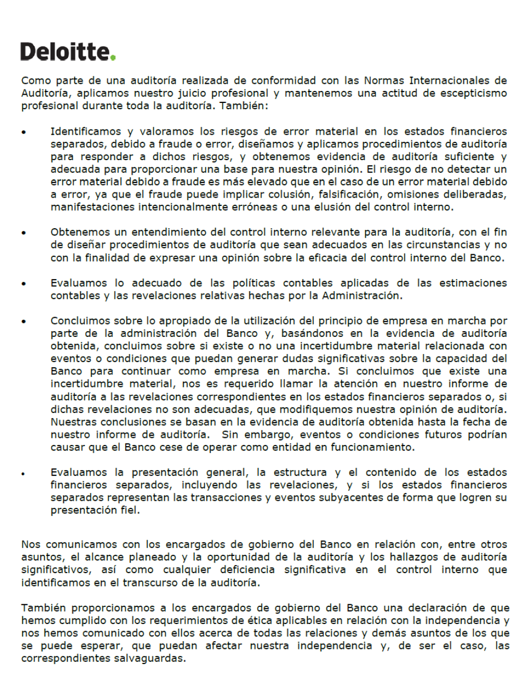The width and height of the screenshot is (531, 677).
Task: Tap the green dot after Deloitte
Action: [113, 58]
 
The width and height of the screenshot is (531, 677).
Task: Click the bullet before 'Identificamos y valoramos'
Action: [24, 132]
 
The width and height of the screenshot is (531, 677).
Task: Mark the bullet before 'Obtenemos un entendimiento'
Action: [24, 233]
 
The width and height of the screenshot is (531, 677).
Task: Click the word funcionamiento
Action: [371, 447]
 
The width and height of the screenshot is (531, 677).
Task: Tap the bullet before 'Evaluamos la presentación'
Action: [24, 473]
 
